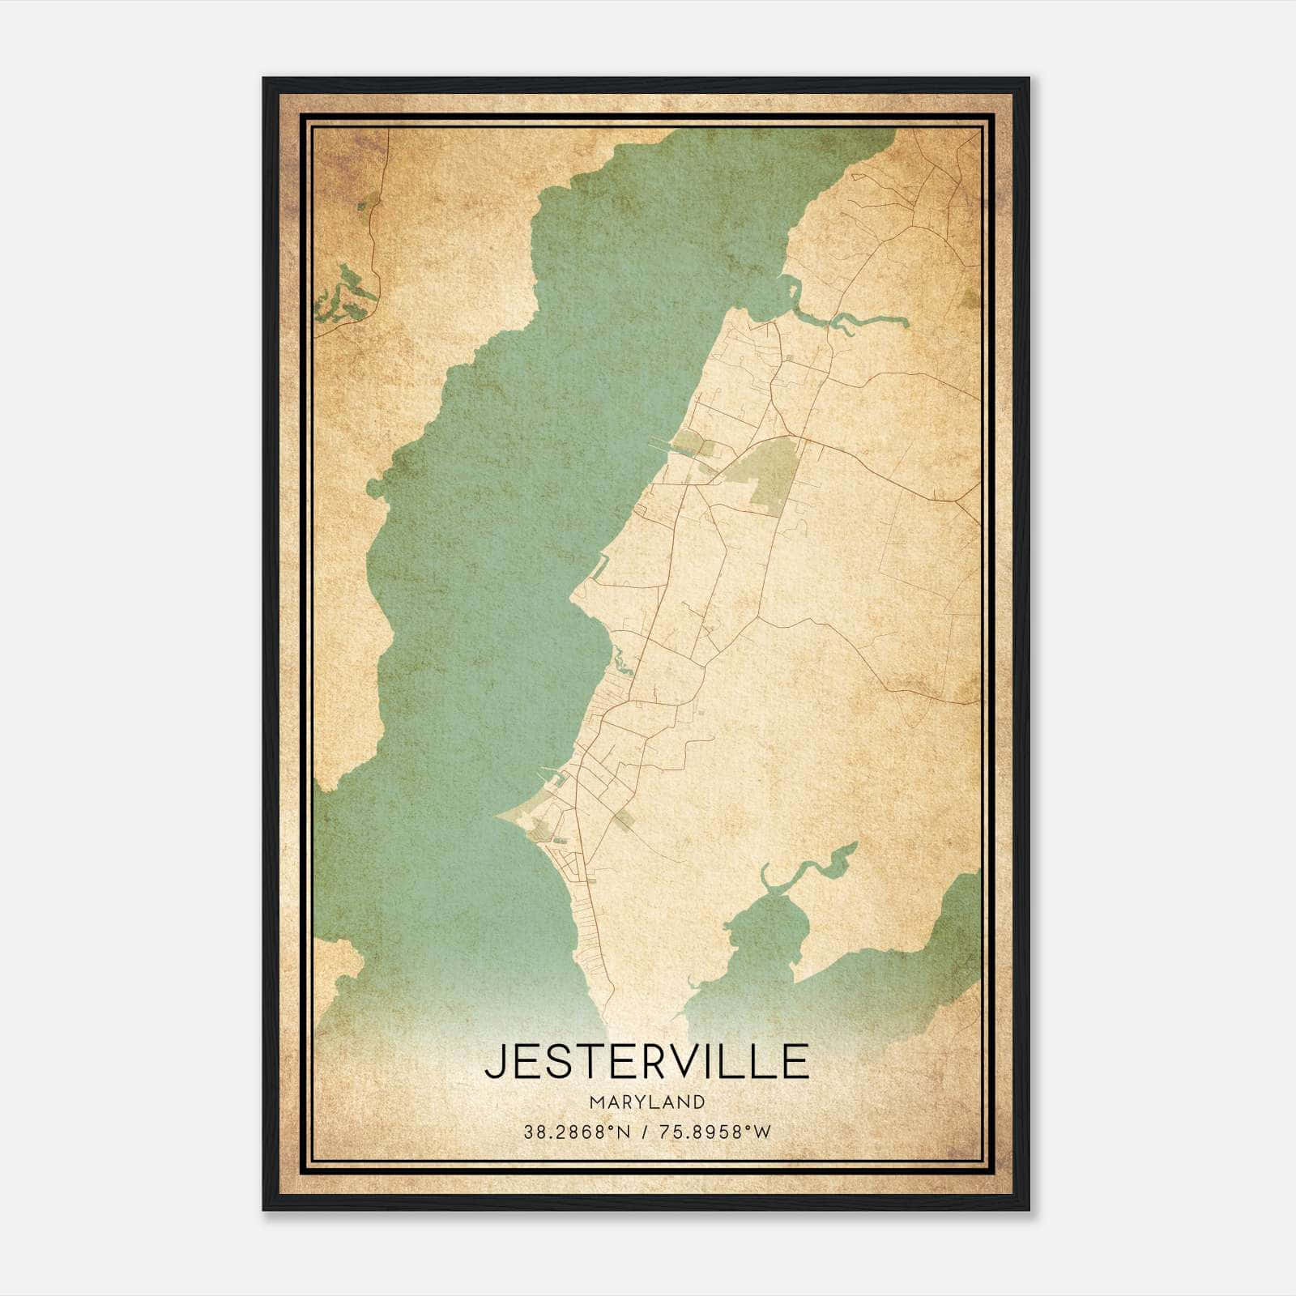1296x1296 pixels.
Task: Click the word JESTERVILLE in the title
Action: (x=646, y=1062)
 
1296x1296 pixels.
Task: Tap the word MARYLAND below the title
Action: (x=647, y=1102)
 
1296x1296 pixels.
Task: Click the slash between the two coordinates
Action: (x=642, y=1132)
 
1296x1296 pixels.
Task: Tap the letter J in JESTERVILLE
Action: (x=495, y=1062)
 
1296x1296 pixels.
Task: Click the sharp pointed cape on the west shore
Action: (x=497, y=816)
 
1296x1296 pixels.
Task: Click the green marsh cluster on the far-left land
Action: (x=344, y=296)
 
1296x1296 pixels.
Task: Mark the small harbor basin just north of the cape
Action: (x=557, y=782)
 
